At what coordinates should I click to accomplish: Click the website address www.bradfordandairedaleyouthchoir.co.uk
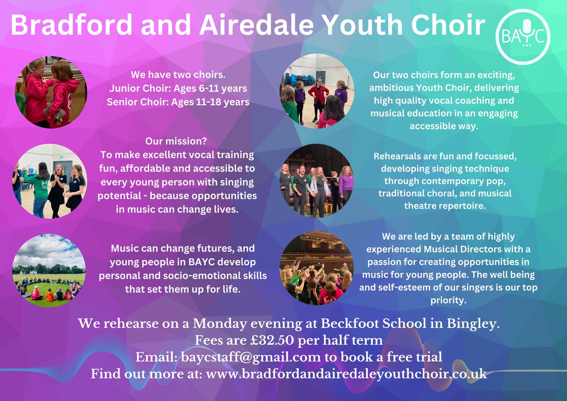pos(347,373)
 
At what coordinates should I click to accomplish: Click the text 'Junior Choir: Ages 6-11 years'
pos(178,88)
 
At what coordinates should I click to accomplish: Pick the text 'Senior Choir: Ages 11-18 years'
pos(178,101)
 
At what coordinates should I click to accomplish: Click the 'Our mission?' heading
pos(178,141)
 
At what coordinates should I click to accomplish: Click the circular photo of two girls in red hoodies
pos(51,93)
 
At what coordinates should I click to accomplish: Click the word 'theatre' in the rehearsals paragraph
pos(422,206)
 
